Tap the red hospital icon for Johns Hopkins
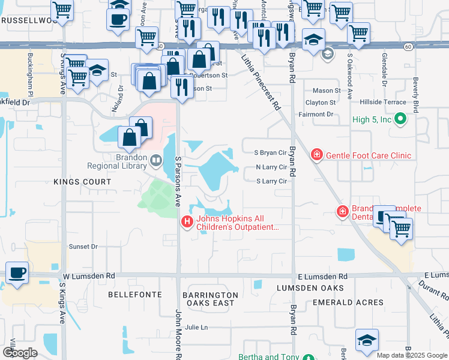pyautogui.click(x=187, y=223)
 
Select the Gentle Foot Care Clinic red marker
pyautogui.click(x=316, y=155)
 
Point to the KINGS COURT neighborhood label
pyautogui.click(x=82, y=181)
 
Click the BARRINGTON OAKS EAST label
pyautogui.click(x=210, y=299)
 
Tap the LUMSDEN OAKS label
pyautogui.click(x=301, y=289)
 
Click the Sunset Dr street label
pyautogui.click(x=83, y=247)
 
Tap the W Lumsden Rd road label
pyautogui.click(x=89, y=276)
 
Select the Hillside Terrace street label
pyautogui.click(x=384, y=103)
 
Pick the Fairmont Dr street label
pyautogui.click(x=315, y=114)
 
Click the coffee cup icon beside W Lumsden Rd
pyautogui.click(x=17, y=274)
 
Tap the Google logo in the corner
pyautogui.click(x=20, y=352)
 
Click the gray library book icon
pyautogui.click(x=157, y=160)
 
